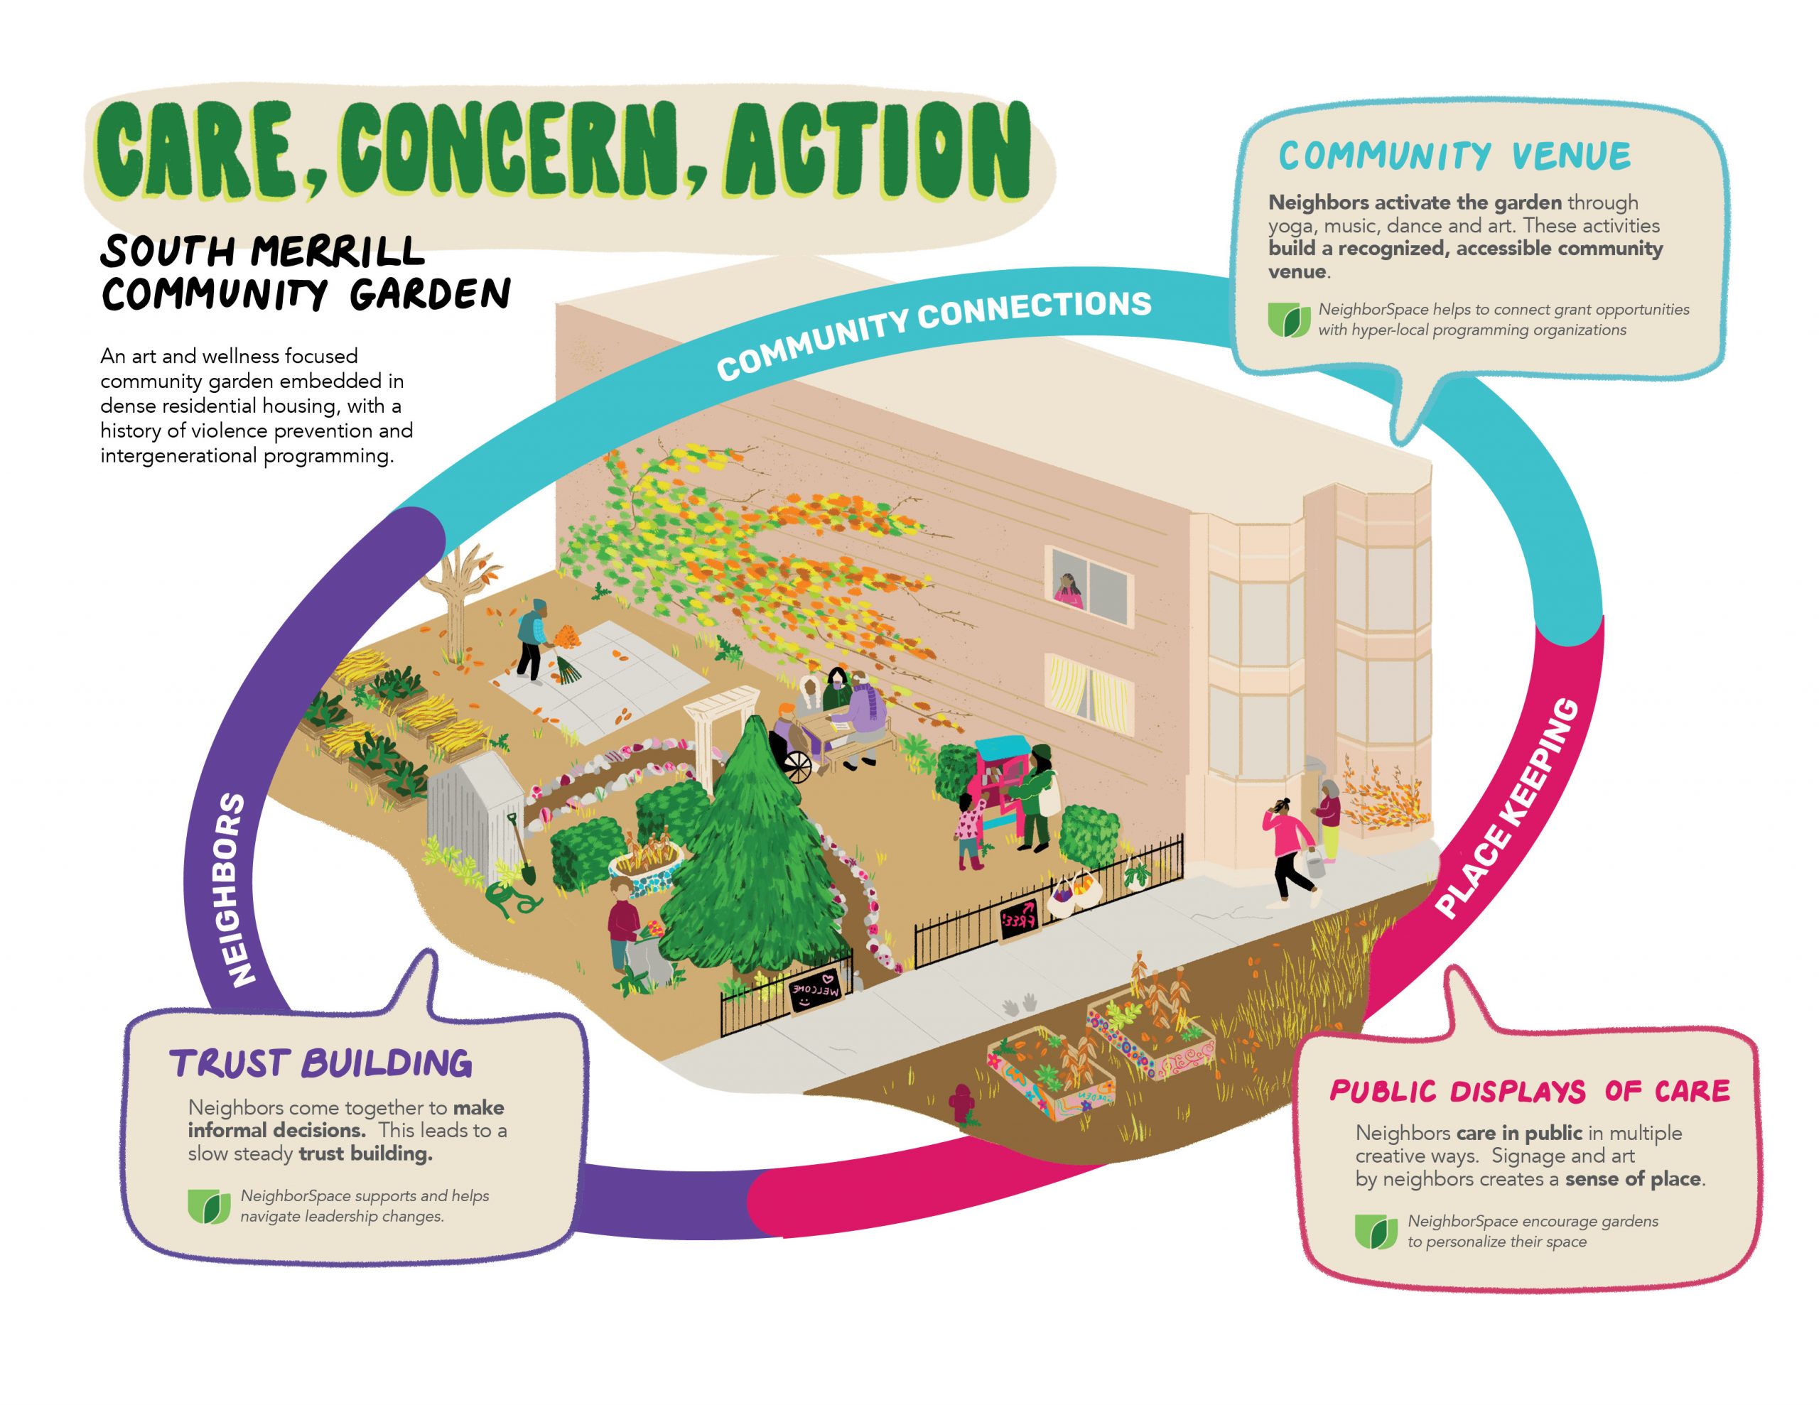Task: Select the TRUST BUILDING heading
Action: [x=321, y=1063]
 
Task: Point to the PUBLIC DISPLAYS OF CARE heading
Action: [x=1529, y=1091]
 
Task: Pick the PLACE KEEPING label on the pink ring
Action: [x=1508, y=807]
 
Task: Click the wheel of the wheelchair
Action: [x=797, y=767]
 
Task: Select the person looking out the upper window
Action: [x=1067, y=590]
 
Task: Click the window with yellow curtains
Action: [x=1089, y=688]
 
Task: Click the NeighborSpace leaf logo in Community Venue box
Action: [x=1288, y=319]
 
